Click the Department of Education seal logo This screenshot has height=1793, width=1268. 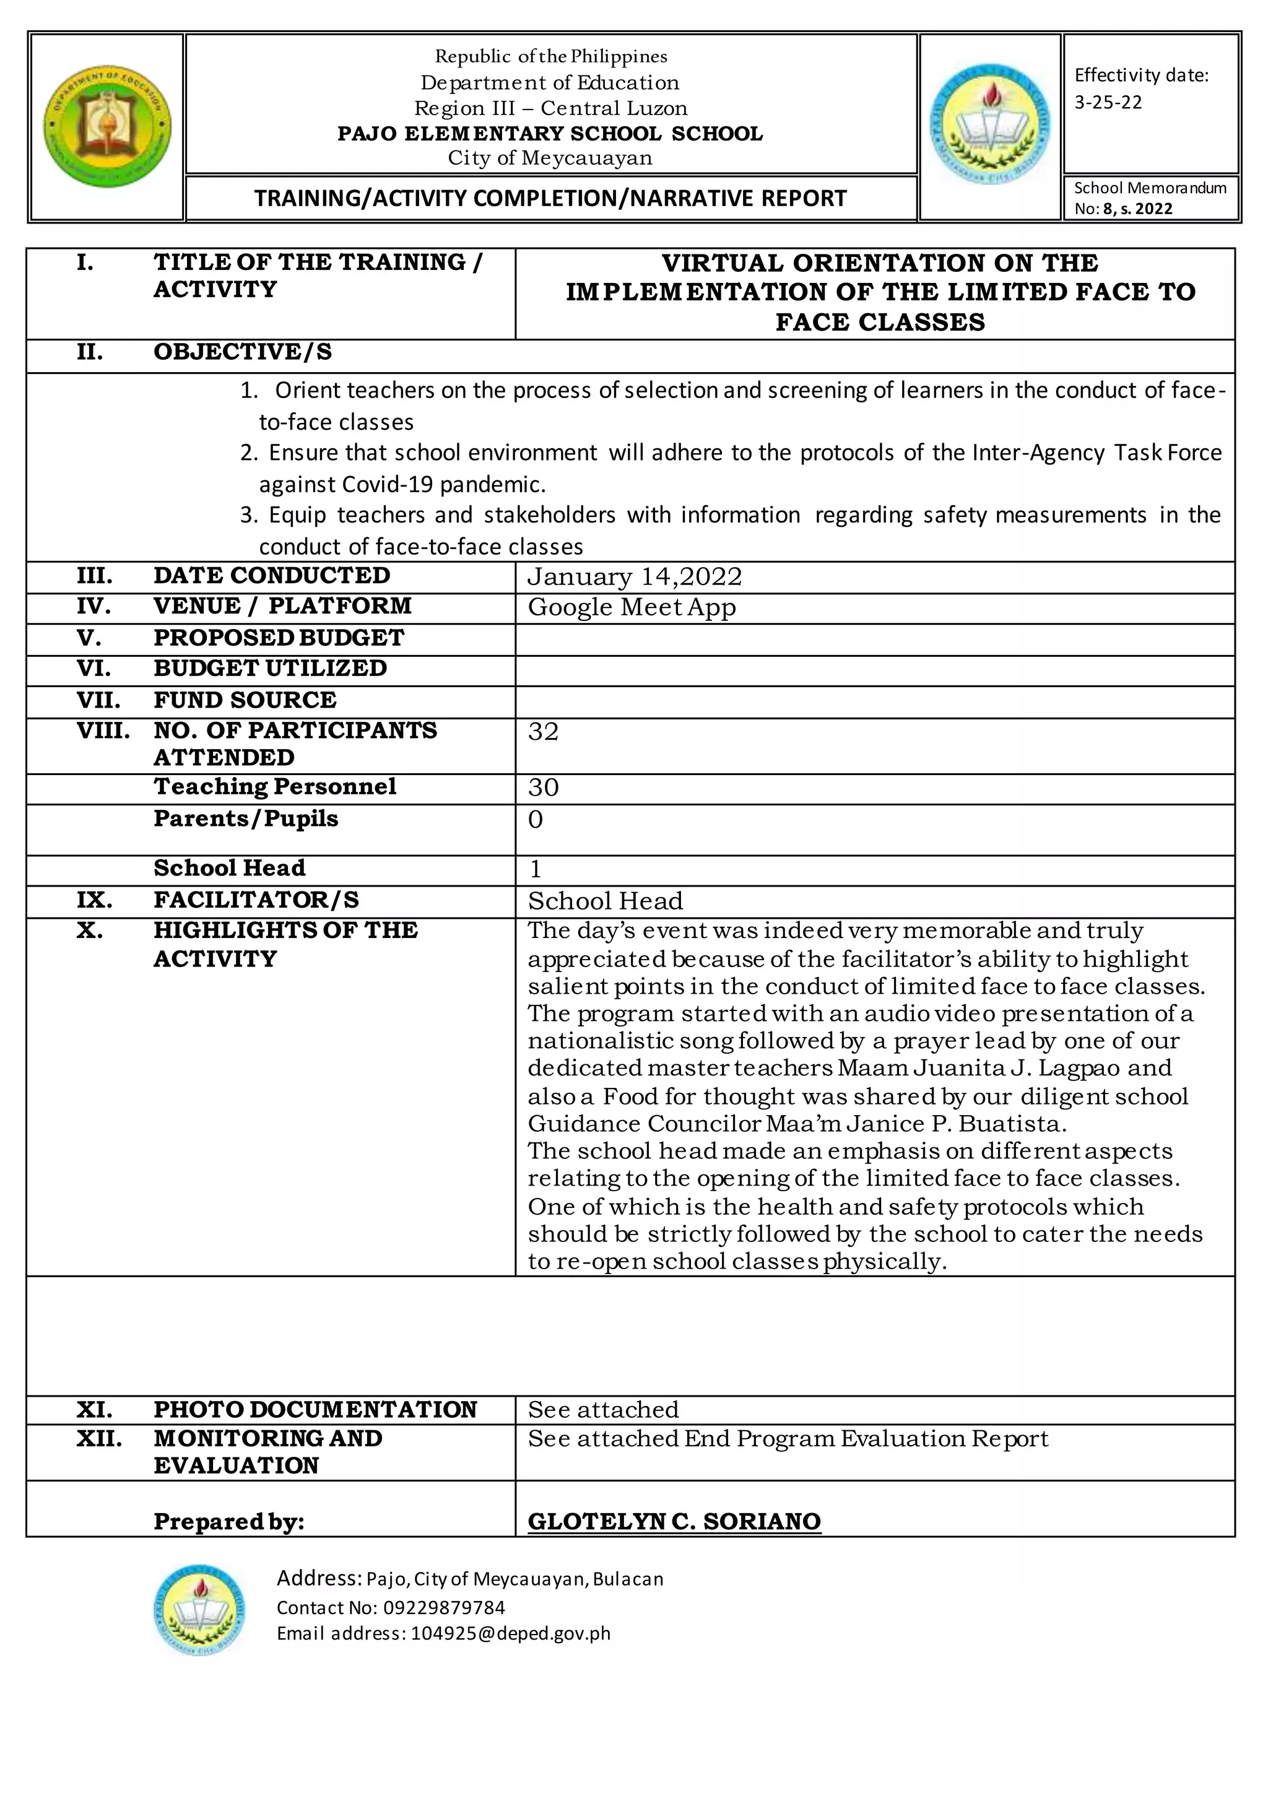(x=107, y=126)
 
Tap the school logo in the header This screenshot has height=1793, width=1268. (x=990, y=125)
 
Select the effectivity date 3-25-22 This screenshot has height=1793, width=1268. (x=1108, y=103)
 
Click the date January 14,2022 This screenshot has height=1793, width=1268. (x=634, y=577)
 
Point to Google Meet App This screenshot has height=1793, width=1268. (x=631, y=607)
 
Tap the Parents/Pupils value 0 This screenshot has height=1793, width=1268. (x=536, y=819)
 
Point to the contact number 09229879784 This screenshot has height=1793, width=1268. (x=442, y=1607)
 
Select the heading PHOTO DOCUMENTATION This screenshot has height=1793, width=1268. (x=315, y=1410)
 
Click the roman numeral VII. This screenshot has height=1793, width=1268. (x=98, y=700)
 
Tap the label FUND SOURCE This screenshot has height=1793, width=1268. (x=245, y=700)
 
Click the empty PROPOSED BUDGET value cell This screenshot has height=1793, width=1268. (x=874, y=640)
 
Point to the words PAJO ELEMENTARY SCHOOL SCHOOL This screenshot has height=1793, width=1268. (x=550, y=134)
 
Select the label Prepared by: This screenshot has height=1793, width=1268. (x=228, y=1521)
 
